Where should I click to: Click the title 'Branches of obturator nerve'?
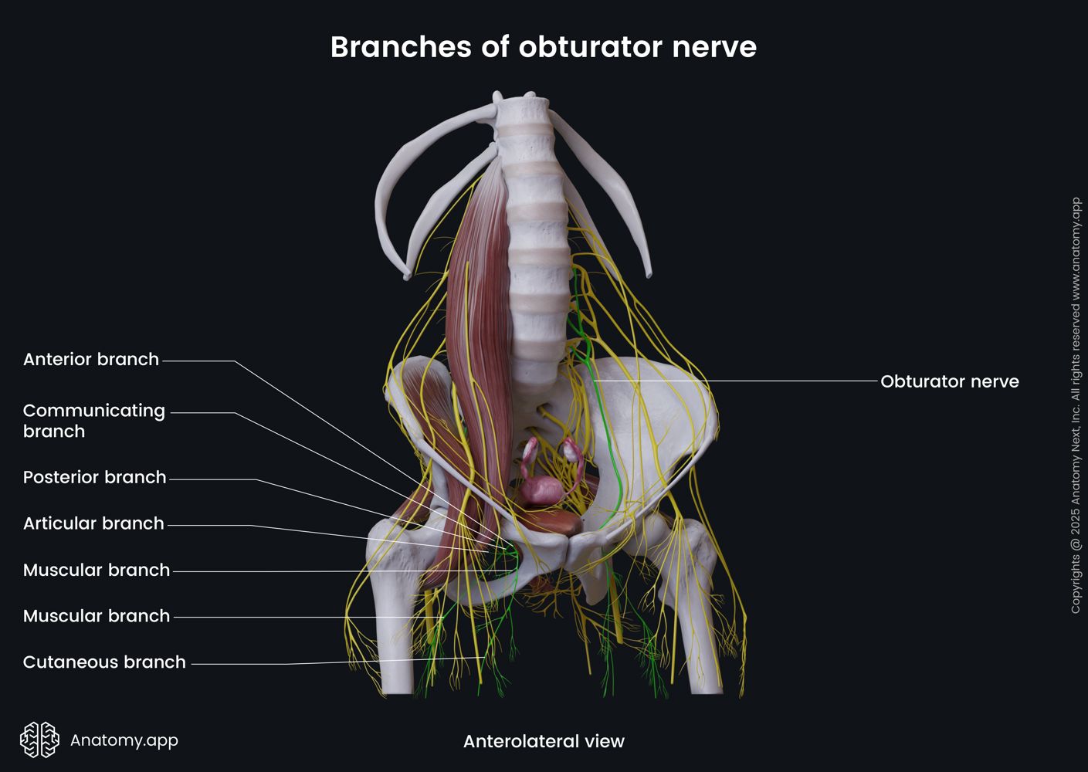(x=544, y=47)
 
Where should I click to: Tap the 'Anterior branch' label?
(x=91, y=359)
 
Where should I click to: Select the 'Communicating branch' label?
(x=94, y=421)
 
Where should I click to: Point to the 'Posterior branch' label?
(x=95, y=477)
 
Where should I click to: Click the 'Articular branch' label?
(x=93, y=523)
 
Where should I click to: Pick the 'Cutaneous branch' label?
(x=104, y=662)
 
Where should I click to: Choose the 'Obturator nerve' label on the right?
(x=950, y=381)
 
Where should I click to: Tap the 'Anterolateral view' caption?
(x=544, y=741)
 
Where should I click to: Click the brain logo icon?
(x=40, y=740)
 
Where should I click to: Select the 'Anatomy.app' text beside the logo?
(x=124, y=740)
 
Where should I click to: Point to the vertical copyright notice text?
(x=1076, y=405)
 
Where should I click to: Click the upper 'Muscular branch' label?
(x=97, y=570)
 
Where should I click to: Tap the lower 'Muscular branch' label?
(x=97, y=616)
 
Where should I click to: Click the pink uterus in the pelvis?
(x=543, y=490)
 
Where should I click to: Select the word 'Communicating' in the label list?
(x=94, y=411)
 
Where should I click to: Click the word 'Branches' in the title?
(x=402, y=47)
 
